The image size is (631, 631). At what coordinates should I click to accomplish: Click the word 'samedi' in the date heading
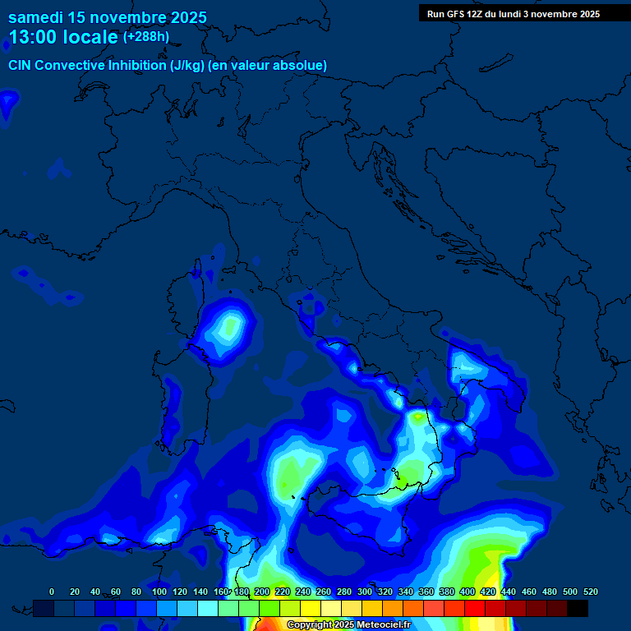(x=34, y=17)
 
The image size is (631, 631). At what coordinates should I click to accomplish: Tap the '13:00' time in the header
(x=29, y=37)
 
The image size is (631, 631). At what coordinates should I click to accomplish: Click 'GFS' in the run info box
(x=456, y=14)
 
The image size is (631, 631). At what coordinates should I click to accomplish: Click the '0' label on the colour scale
(x=52, y=592)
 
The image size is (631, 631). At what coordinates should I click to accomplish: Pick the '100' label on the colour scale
(x=159, y=592)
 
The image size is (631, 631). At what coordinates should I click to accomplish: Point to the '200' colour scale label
(x=262, y=592)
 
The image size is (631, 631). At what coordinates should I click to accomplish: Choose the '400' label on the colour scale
(x=467, y=592)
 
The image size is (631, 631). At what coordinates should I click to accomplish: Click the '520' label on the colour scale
(x=590, y=592)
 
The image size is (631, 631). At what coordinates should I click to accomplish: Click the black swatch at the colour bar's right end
(x=578, y=608)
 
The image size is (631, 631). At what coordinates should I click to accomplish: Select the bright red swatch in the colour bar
(x=475, y=608)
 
